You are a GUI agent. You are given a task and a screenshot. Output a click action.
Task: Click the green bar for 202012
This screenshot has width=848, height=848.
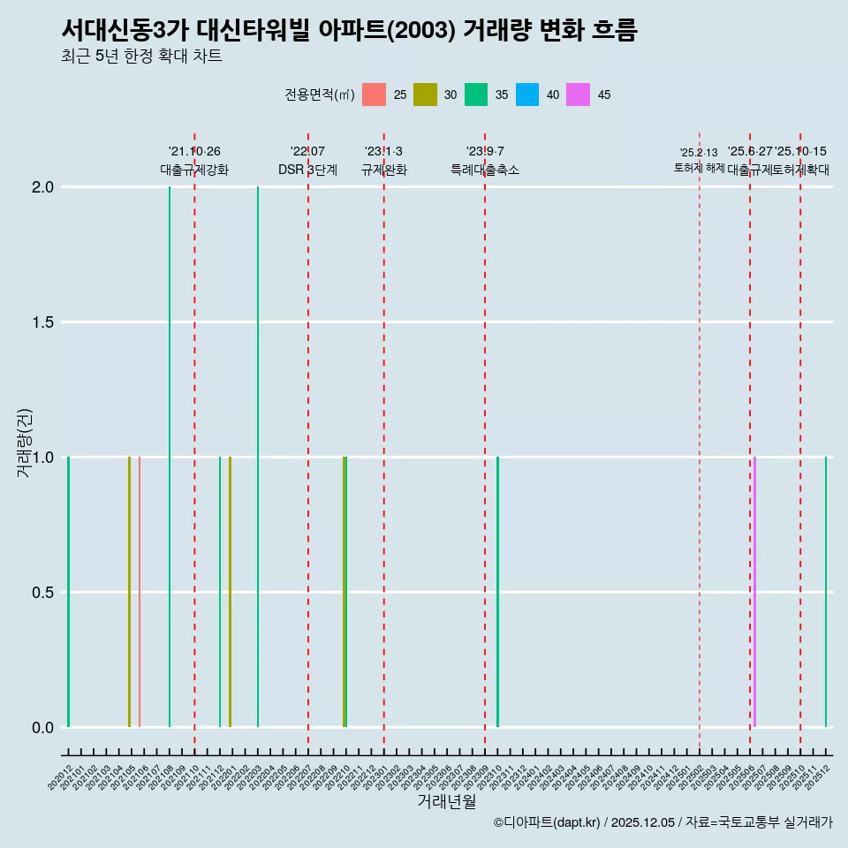68,592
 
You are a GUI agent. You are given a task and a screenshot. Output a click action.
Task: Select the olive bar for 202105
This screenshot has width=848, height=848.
129,592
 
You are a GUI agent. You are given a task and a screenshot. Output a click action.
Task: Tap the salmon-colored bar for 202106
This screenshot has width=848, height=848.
140,592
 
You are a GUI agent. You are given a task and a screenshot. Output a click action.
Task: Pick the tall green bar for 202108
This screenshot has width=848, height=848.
170,457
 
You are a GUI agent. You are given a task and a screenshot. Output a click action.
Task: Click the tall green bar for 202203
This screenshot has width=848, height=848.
258,457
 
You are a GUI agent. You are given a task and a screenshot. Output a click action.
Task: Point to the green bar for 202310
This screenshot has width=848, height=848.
498,592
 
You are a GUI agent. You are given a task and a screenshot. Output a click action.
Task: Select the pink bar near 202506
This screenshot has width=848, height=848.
754,592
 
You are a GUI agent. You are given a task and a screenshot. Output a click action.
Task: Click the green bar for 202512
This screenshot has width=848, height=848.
826,592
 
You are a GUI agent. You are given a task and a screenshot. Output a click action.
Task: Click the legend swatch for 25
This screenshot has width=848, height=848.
375,95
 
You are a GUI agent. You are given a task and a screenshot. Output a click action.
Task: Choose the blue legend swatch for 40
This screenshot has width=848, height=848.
527,95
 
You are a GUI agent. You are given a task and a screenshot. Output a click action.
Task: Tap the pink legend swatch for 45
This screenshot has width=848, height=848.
579,95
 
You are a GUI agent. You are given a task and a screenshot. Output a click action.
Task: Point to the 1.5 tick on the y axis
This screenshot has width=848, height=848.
42,322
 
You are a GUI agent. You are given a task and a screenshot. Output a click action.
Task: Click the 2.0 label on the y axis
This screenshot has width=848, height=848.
42,187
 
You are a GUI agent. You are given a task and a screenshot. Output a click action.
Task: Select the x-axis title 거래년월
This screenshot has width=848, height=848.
446,802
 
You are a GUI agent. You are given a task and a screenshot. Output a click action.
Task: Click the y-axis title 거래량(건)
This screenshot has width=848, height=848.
25,442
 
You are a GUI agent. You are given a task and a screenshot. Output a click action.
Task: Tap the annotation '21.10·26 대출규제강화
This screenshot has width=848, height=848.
194,161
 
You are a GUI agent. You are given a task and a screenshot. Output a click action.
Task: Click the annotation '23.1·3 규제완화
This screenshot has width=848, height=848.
383,161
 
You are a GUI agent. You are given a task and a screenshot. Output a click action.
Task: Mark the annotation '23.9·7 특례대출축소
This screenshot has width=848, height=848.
485,161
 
